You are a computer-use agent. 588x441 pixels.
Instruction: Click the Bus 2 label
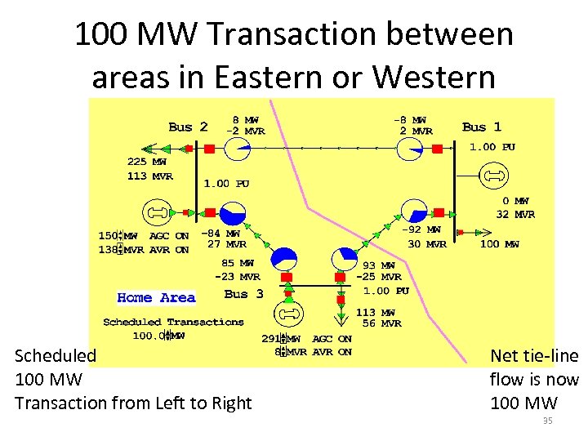pyautogui.click(x=188, y=127)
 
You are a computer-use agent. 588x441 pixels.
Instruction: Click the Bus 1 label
pyautogui.click(x=482, y=127)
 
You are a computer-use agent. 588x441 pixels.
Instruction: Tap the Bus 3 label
pyautogui.click(x=243, y=293)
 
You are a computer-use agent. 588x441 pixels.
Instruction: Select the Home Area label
pyautogui.click(x=156, y=298)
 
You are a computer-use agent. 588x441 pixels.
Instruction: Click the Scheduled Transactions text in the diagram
pyautogui.click(x=173, y=322)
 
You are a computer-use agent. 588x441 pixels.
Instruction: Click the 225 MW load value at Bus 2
pyautogui.click(x=147, y=162)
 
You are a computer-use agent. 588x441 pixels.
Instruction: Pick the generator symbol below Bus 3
pyautogui.click(x=288, y=314)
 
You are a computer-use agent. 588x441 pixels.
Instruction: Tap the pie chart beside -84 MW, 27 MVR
pyautogui.click(x=234, y=214)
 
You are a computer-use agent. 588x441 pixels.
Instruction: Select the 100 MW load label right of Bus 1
pyautogui.click(x=500, y=243)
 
